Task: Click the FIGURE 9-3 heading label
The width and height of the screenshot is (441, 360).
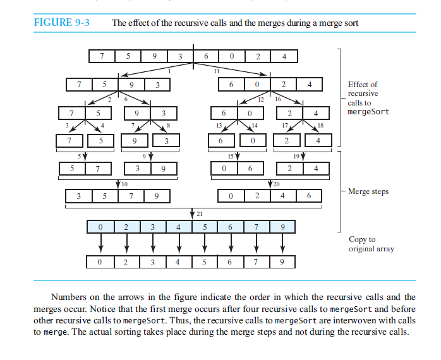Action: click(61, 23)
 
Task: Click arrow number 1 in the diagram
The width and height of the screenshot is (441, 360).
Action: click(169, 70)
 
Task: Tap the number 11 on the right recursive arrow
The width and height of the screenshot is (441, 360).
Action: click(217, 70)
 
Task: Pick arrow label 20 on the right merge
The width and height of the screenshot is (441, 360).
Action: click(277, 183)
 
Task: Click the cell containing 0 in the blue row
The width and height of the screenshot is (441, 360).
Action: click(100, 226)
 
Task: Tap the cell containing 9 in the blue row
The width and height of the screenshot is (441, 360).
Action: click(282, 226)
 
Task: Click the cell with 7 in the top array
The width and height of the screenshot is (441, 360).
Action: click(102, 56)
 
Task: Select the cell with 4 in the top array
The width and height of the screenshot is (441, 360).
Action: click(284, 56)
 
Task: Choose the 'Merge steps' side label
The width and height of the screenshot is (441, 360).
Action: click(368, 191)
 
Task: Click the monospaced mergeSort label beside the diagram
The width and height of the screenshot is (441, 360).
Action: click(368, 112)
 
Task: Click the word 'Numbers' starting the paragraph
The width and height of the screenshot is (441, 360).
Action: click(68, 297)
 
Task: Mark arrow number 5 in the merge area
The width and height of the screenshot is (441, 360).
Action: click(79, 155)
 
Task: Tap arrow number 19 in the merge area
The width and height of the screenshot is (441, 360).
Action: click(296, 155)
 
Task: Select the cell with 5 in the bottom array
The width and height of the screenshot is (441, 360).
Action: click(204, 261)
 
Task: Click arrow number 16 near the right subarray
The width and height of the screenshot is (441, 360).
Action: click(277, 99)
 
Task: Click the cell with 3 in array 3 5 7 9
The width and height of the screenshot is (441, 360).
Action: click(79, 196)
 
